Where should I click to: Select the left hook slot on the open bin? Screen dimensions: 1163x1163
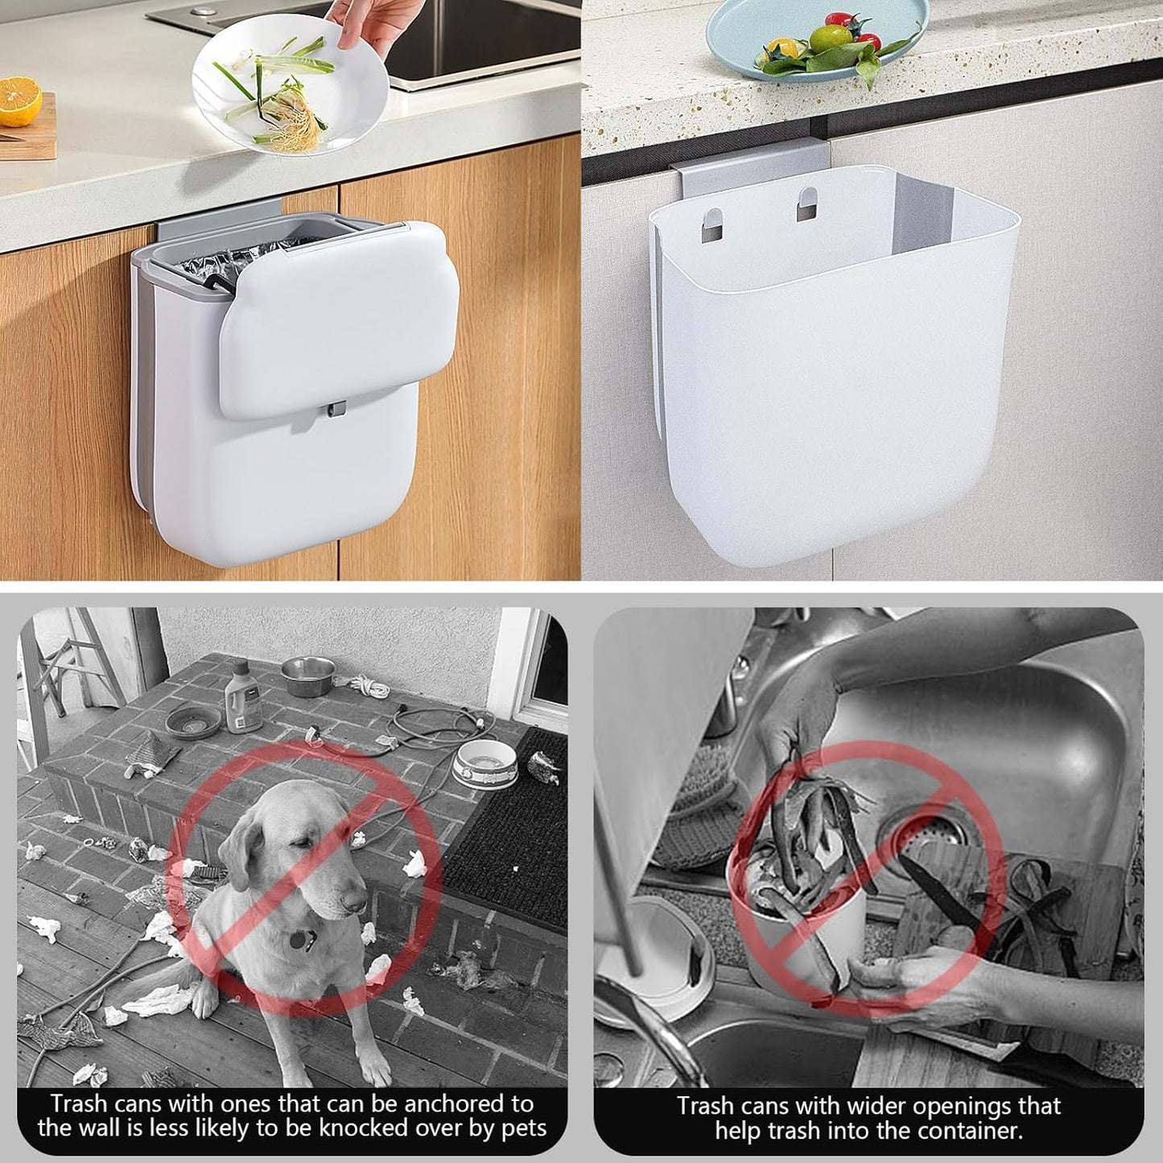[711, 222]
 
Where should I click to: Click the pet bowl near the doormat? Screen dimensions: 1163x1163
[485, 761]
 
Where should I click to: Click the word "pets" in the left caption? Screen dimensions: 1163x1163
[518, 1128]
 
